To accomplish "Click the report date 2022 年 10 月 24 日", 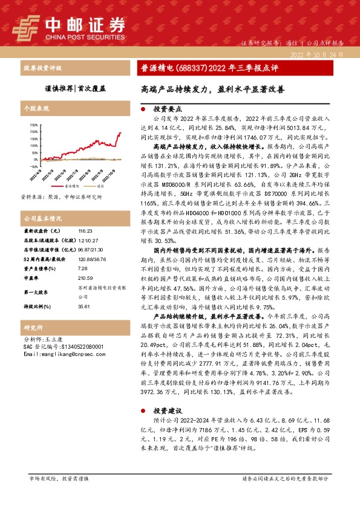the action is point(316,54).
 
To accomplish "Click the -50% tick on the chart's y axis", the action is point(33,166).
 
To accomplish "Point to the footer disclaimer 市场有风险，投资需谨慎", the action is point(59,479).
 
